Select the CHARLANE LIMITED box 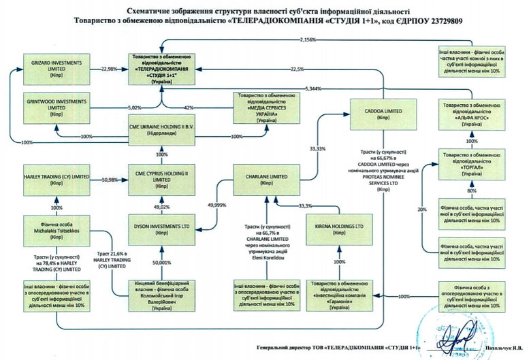266,179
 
